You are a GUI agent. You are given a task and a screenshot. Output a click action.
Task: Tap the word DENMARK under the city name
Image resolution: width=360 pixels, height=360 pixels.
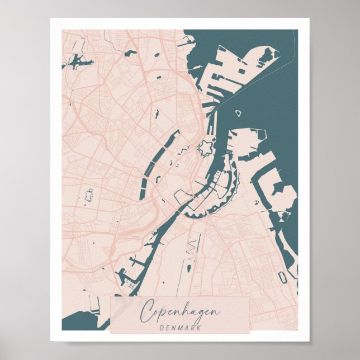(179, 326)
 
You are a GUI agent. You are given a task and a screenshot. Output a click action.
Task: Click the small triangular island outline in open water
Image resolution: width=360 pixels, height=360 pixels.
(237, 113)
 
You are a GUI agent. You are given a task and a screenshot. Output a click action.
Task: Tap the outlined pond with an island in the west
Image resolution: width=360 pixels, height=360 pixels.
(88, 195)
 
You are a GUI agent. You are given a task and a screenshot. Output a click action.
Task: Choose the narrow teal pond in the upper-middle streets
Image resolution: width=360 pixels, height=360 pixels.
(157, 114)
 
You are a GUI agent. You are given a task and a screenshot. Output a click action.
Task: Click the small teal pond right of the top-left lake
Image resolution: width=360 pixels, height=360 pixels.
(131, 53)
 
